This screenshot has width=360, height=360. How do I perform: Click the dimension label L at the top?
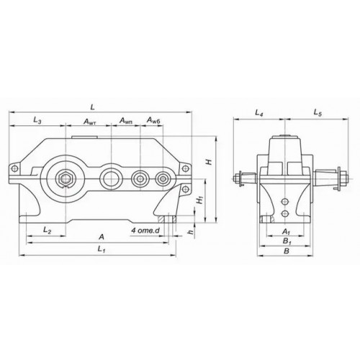(x=93, y=107)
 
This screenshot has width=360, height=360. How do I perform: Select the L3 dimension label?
(x=37, y=120)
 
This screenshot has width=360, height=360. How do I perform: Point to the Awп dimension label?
(x=126, y=121)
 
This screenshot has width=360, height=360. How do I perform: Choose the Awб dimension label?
(x=153, y=120)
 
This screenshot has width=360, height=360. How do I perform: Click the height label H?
(x=210, y=162)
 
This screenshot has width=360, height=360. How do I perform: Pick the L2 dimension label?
(x=47, y=230)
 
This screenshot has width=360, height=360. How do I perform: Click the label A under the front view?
(x=102, y=237)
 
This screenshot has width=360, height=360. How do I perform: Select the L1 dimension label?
(x=102, y=250)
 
